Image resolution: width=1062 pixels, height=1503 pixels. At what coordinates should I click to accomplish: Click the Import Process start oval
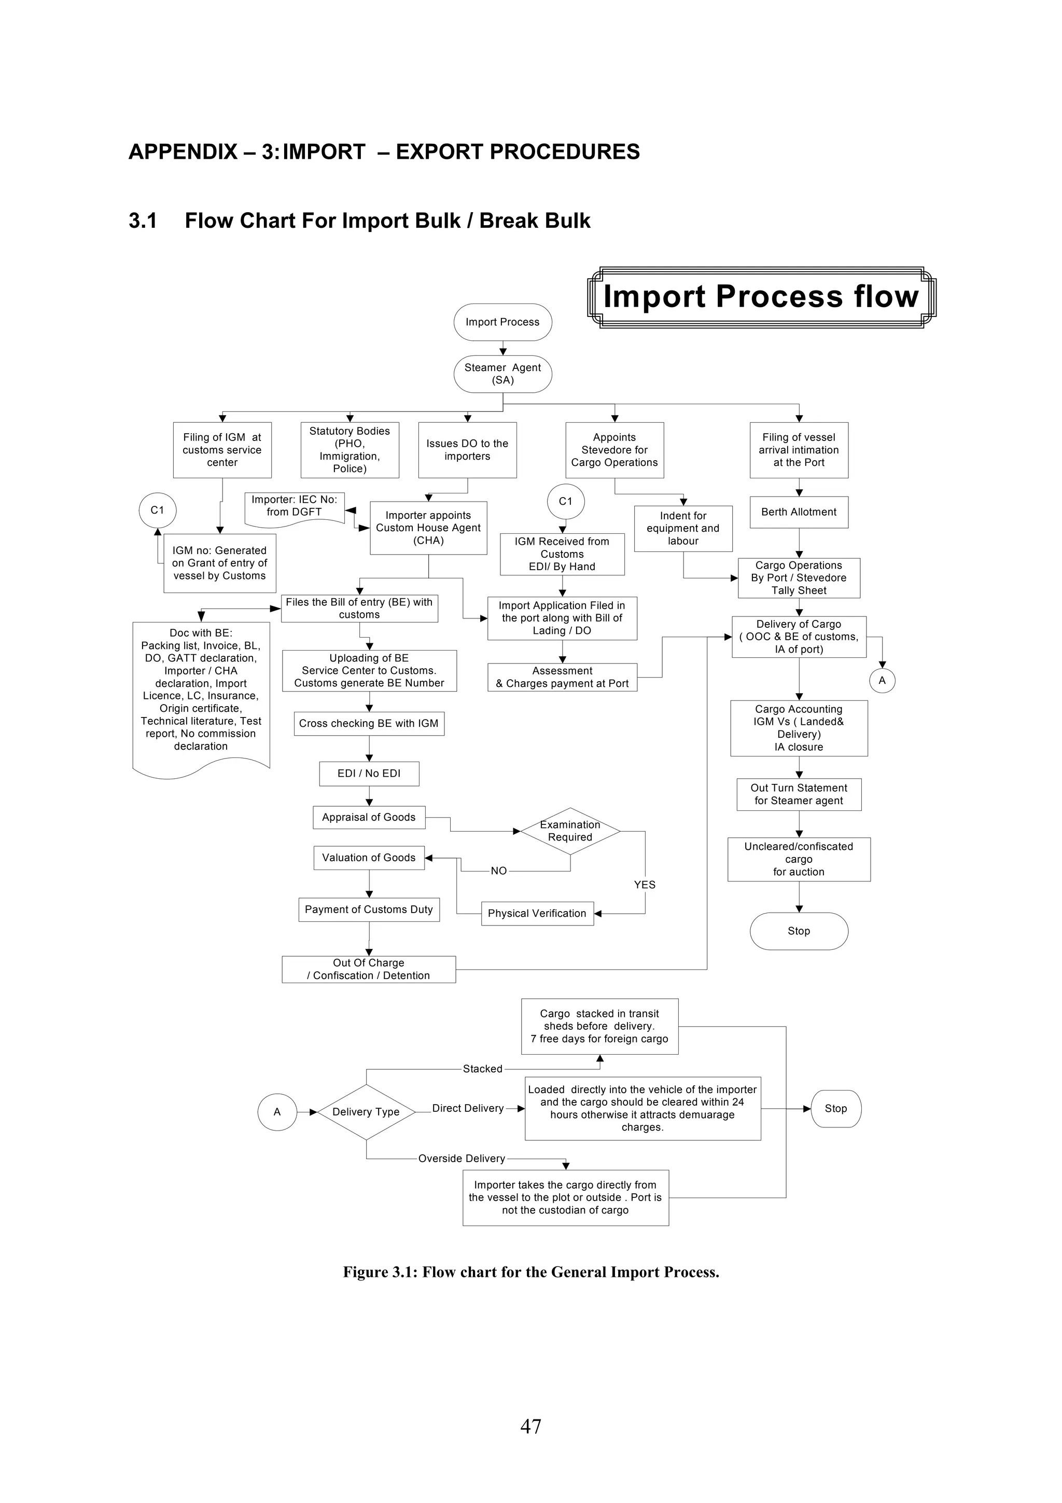point(502,322)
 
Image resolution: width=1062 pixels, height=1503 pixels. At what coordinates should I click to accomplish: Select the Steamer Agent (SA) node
point(502,374)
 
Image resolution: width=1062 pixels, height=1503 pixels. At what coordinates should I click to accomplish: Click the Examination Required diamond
point(570,831)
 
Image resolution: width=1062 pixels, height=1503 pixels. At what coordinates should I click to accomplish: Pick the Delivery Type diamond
point(366,1111)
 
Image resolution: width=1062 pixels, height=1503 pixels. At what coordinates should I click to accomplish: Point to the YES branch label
point(645,885)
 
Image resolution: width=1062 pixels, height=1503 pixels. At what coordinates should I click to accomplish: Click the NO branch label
point(499,871)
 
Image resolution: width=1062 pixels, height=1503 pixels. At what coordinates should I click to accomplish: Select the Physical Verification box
point(537,913)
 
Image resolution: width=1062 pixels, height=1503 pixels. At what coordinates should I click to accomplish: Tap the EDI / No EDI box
point(369,773)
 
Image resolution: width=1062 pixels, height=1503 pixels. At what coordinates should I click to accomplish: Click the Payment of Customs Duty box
point(369,909)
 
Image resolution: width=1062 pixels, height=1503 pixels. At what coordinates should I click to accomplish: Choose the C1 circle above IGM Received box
point(565,502)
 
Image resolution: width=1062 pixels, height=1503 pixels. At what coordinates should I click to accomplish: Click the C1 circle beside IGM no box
point(158,510)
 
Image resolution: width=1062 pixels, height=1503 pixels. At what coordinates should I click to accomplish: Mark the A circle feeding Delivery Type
point(277,1111)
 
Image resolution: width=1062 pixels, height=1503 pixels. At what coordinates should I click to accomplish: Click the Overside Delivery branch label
point(462,1159)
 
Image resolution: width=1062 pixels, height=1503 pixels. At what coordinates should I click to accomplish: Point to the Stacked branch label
point(483,1069)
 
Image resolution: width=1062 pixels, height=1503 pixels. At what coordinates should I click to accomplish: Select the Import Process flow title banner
point(761,297)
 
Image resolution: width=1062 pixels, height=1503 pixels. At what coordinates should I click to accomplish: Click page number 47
point(530,1426)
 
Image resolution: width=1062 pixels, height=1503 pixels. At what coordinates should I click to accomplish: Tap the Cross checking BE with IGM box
point(369,723)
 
